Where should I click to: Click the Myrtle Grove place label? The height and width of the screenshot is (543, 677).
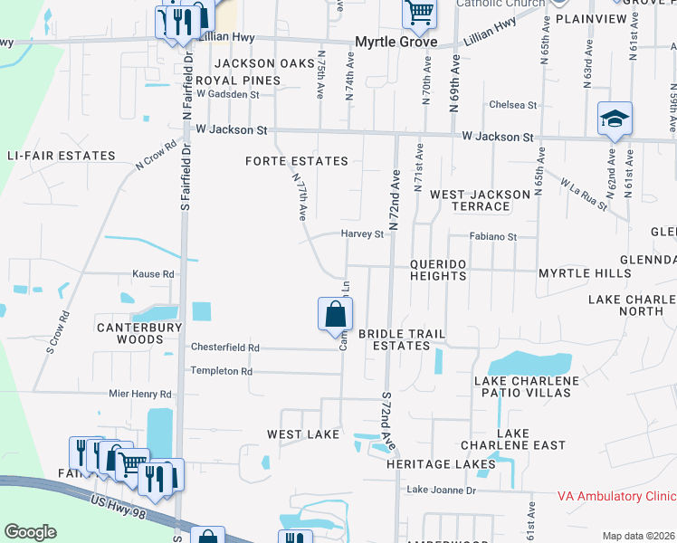pos(396,43)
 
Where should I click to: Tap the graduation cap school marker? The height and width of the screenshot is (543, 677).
pos(615,119)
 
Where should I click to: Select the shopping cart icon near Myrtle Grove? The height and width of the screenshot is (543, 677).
pos(420,13)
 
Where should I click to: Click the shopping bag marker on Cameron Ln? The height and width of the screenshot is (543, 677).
pos(335,315)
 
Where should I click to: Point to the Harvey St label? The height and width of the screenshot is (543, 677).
pos(363,234)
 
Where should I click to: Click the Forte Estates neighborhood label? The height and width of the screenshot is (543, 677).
pos(297,161)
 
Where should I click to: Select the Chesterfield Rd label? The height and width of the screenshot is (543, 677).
pos(224,348)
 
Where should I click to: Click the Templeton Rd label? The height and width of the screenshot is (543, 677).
pos(221,371)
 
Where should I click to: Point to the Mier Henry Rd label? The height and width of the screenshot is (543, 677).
pos(139,395)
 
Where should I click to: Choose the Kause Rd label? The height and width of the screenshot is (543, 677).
pos(152,273)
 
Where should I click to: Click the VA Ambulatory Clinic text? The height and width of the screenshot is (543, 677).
pos(615,497)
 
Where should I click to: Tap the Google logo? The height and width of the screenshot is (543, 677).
pos(30,532)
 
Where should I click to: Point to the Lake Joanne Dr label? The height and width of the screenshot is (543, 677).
pos(441,490)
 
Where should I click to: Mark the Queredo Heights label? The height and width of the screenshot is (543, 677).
pos(438,270)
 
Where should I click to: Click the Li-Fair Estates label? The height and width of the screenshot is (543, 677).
pos(61,156)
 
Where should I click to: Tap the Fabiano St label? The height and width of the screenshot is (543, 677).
pos(492,237)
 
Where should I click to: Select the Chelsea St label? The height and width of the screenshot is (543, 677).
pos(512,105)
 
